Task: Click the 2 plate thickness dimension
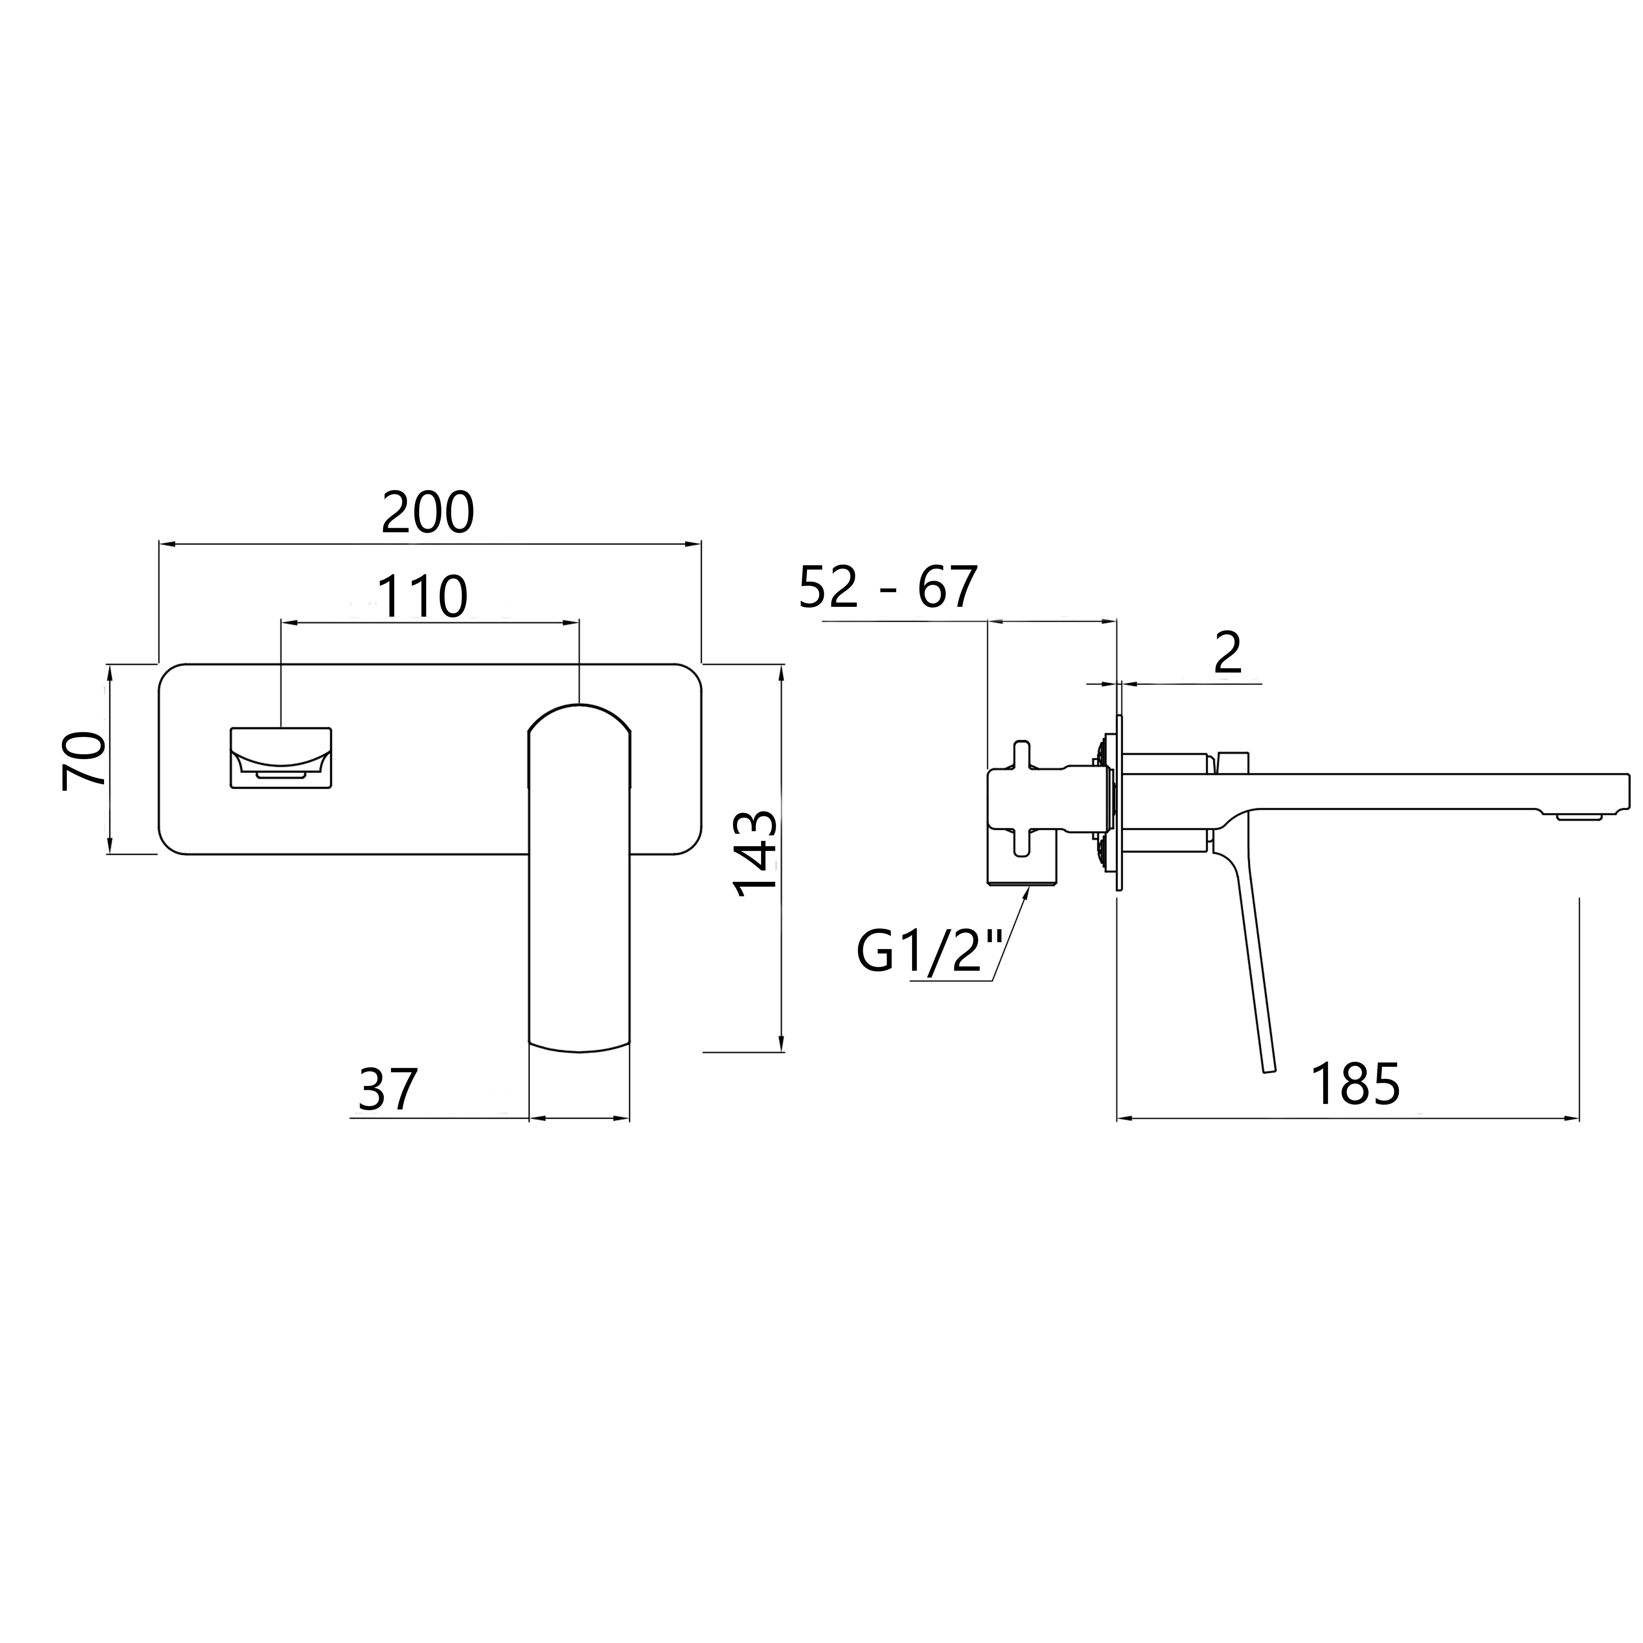pyautogui.click(x=1228, y=653)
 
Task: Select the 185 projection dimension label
pyautogui.click(x=1355, y=1084)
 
